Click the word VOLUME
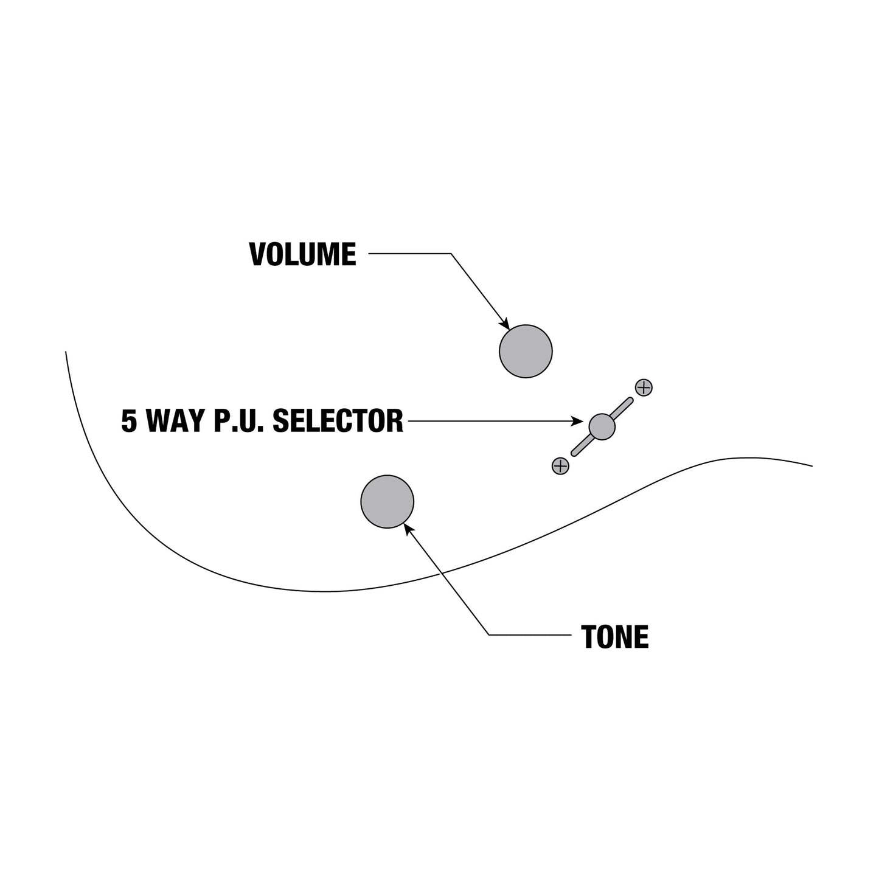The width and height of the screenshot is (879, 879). pyautogui.click(x=302, y=254)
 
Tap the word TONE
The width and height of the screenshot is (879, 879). pyautogui.click(x=614, y=637)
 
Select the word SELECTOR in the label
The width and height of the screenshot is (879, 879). pyautogui.click(x=338, y=420)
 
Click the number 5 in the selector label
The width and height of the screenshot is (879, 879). pyautogui.click(x=129, y=420)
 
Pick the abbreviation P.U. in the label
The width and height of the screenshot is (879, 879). pyautogui.click(x=239, y=420)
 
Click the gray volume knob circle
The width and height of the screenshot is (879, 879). pyautogui.click(x=526, y=351)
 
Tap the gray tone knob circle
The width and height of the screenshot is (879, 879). pyautogui.click(x=387, y=501)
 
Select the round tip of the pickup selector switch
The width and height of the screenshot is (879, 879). pyautogui.click(x=602, y=426)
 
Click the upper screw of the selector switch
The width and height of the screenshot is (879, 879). pyautogui.click(x=644, y=387)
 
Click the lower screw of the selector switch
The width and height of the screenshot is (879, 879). pyautogui.click(x=560, y=466)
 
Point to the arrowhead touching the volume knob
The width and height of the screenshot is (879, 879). pyautogui.click(x=506, y=324)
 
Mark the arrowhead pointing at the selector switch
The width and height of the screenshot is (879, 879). pyautogui.click(x=577, y=421)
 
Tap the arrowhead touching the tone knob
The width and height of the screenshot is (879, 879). pyautogui.click(x=409, y=529)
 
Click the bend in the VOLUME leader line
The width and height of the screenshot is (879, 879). pyautogui.click(x=451, y=254)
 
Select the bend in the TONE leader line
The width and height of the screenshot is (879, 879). pyautogui.click(x=488, y=634)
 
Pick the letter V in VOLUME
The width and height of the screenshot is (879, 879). pyautogui.click(x=258, y=254)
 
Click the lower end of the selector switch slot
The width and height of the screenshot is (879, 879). pyautogui.click(x=574, y=453)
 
